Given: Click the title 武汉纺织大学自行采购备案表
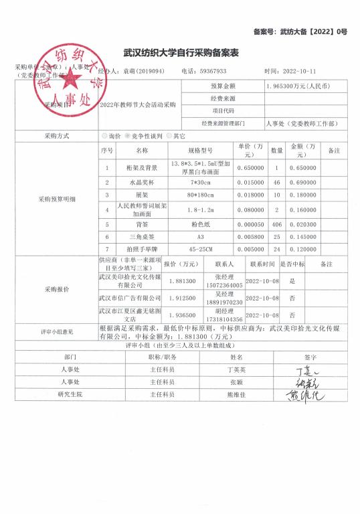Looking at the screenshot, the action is tap(182, 52).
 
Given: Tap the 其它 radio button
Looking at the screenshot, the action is tap(169, 135).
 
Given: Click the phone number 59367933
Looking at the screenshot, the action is tap(213, 70).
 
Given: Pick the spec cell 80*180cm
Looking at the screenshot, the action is tap(200, 194).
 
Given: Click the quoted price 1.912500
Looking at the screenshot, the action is tap(180, 296).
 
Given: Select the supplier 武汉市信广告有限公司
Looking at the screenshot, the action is tap(130, 296).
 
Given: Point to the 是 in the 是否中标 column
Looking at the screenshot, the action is tap(292, 281).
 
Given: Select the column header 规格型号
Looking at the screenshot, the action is tap(200, 151).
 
